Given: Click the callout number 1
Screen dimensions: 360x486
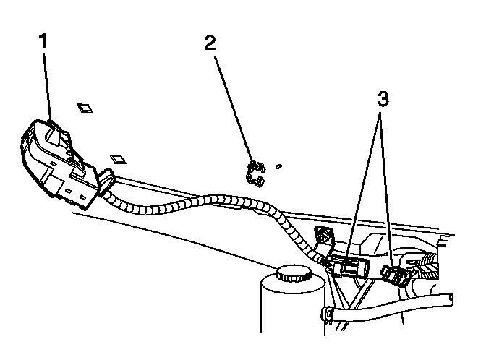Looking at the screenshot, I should click(44, 41).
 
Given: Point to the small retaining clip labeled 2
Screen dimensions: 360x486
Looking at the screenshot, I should click(254, 173).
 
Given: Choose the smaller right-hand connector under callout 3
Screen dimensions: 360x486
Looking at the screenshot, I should click(393, 275).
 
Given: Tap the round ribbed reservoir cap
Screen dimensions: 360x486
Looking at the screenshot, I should click(291, 275).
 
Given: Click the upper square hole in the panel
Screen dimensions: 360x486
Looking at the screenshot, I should click(85, 108).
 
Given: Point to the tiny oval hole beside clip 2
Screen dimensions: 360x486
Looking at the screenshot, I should click(279, 166).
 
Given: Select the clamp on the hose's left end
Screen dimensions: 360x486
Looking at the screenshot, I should click(327, 314).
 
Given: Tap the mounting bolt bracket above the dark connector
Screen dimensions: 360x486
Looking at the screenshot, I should click(323, 235).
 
